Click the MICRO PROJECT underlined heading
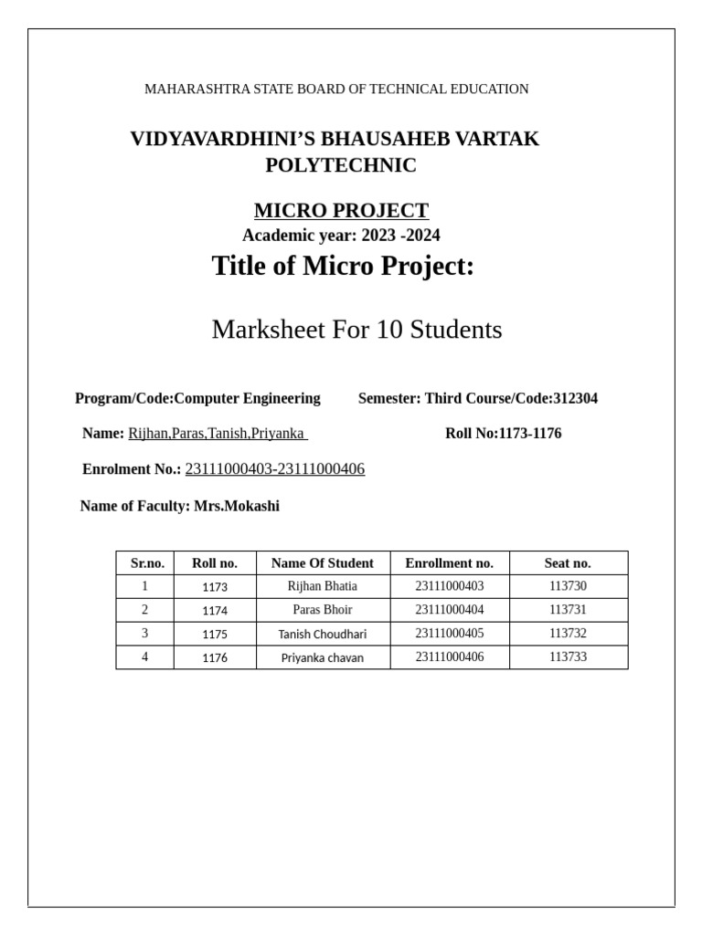tap(341, 210)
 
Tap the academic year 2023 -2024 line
tap(341, 236)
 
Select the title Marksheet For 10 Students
tap(356, 330)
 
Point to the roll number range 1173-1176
tap(530, 434)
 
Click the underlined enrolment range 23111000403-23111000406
tap(274, 469)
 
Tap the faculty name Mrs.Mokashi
tap(237, 506)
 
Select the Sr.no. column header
tap(145, 563)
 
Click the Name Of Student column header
tap(323, 563)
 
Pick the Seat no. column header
tap(568, 563)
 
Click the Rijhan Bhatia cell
tap(323, 586)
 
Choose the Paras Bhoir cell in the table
tap(323, 610)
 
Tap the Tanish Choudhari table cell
tap(323, 634)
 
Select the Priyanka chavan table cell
tap(323, 657)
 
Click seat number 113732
tap(568, 634)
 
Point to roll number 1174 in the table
tap(215, 610)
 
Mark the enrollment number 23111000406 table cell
tap(450, 657)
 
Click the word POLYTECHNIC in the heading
tap(341, 165)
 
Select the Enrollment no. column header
tap(450, 563)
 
